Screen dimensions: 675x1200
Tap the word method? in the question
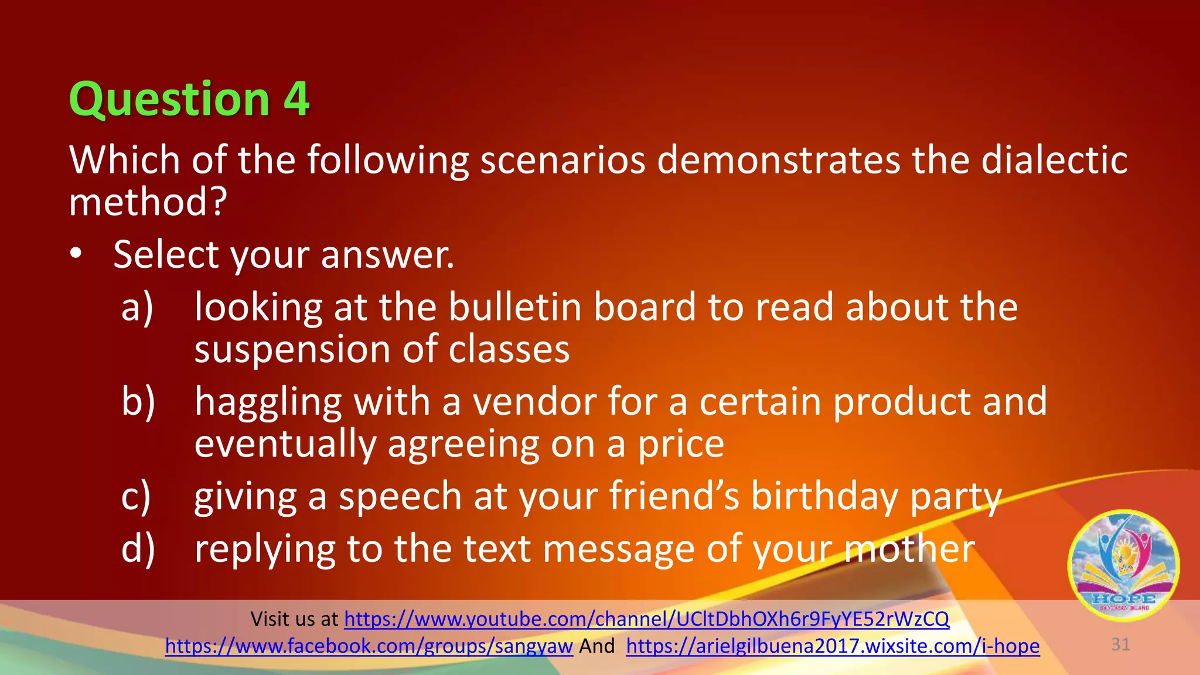pos(148,202)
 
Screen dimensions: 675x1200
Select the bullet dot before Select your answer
pos(76,254)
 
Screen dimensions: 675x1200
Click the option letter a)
pos(137,307)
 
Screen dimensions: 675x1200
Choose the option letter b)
pos(138,401)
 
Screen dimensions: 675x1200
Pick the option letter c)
pos(136,496)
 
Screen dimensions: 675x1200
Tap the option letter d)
pos(138,548)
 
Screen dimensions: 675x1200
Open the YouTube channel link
pos(646,619)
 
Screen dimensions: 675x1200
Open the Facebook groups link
pos(369,646)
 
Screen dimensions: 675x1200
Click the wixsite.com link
pos(833,646)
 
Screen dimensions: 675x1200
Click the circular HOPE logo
pos(1123,565)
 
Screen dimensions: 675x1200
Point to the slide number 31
pos(1120,645)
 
